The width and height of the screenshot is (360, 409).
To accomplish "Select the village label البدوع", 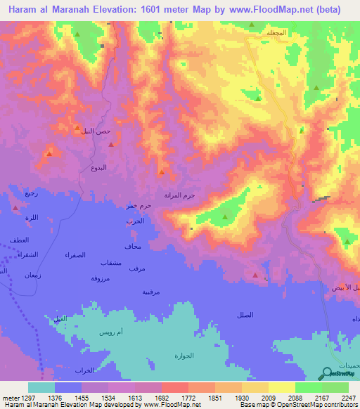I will pyautogui.click(x=99, y=168).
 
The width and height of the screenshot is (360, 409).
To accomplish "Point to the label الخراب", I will pyautogui.click(x=84, y=370).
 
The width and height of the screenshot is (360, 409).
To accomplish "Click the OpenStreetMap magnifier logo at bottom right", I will pyautogui.click(x=328, y=375).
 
